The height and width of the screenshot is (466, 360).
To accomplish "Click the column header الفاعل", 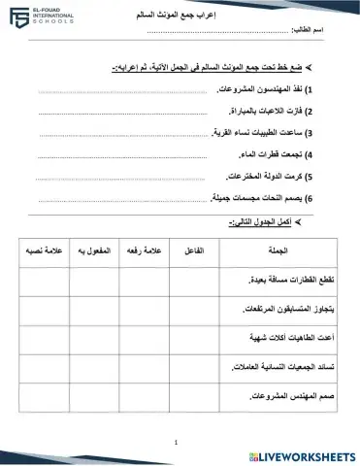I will pyautogui.click(x=193, y=250).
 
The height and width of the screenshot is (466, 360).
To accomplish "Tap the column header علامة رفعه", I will pyautogui.click(x=143, y=250).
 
